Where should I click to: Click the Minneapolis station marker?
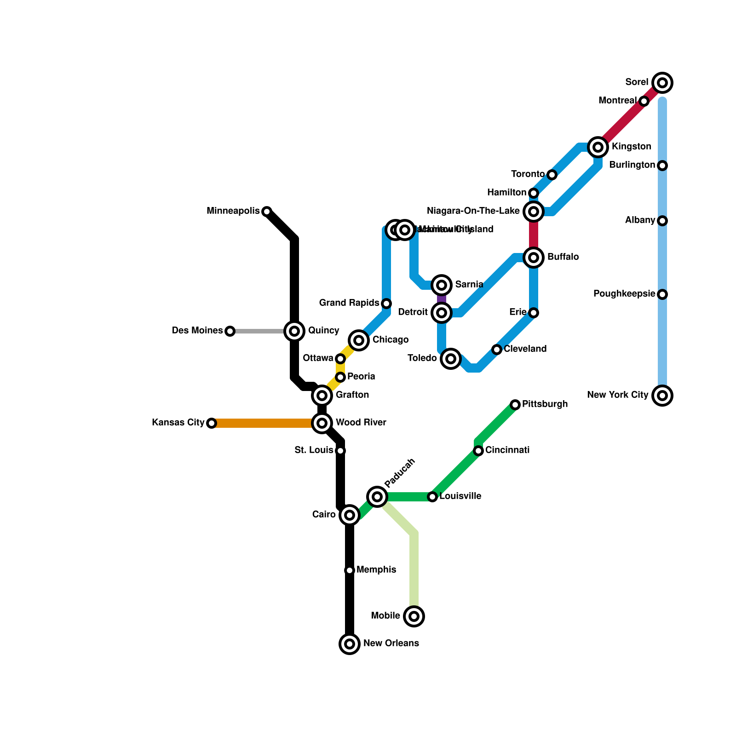[x=266, y=212]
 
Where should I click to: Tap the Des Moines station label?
[x=197, y=331]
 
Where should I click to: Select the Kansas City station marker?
[x=211, y=423]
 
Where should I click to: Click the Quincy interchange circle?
[x=294, y=331]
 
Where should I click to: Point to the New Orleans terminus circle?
[x=350, y=644]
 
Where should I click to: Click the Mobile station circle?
[x=414, y=616]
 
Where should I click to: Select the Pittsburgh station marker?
[x=515, y=405]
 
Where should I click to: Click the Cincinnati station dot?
[x=478, y=451]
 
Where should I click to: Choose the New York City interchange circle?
[x=662, y=396]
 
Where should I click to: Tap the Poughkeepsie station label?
[x=624, y=294]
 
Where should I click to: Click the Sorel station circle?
[x=662, y=83]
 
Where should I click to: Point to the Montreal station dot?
[x=644, y=101]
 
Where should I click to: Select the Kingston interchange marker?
[x=598, y=147]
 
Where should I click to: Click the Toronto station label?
[x=528, y=174]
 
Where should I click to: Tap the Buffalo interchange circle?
[x=534, y=258]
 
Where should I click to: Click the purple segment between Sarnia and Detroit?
[x=442, y=299]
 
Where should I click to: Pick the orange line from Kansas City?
[x=262, y=423]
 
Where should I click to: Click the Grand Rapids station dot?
[x=386, y=304]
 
